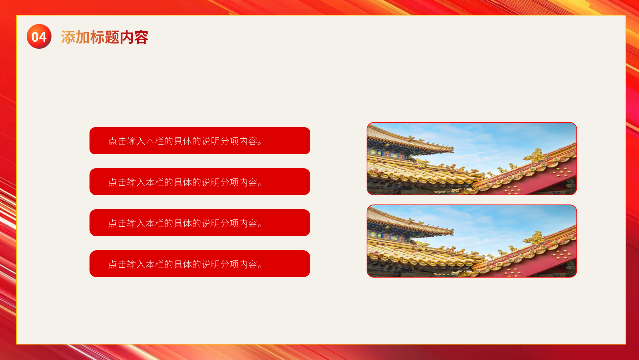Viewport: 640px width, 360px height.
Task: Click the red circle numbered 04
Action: (39, 36)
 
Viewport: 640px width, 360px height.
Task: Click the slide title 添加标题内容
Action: (105, 37)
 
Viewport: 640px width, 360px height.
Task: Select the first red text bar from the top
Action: (200, 141)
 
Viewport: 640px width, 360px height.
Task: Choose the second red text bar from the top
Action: (200, 182)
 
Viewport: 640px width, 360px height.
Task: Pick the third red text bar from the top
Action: (200, 223)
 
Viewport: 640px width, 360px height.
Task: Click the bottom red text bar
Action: (200, 264)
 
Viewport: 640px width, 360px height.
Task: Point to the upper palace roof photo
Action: (472, 159)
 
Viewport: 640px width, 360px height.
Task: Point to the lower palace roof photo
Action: (472, 241)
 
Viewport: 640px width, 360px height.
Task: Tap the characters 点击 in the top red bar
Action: (117, 141)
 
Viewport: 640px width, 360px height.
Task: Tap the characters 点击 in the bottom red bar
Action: (117, 264)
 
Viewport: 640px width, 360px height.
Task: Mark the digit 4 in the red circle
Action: (43, 37)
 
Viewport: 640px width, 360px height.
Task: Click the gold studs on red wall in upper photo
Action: (561, 172)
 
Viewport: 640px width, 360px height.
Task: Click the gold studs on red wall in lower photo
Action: (561, 254)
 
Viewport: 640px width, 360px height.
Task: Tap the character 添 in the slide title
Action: (68, 37)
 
